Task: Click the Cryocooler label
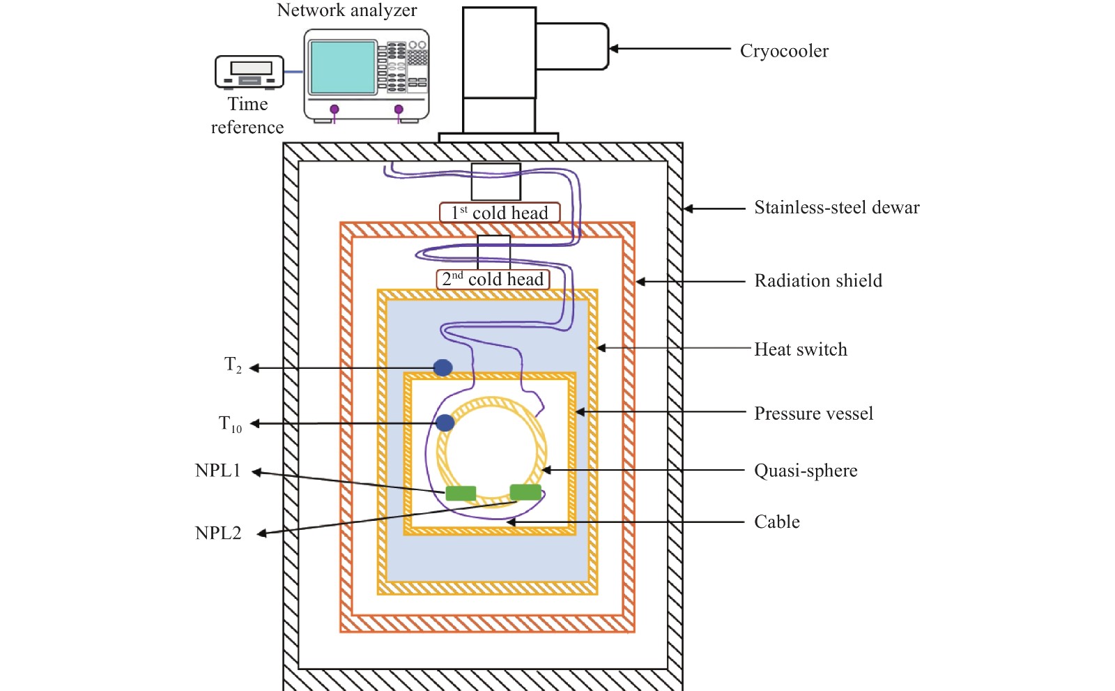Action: coord(784,51)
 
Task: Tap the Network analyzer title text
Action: coord(347,10)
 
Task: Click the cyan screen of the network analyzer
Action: coord(343,67)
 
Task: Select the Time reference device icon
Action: coord(249,72)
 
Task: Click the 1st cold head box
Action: coord(500,213)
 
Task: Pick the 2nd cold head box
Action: coord(493,280)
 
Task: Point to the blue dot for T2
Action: coord(443,367)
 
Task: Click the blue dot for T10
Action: coord(445,422)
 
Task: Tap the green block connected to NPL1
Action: coord(461,494)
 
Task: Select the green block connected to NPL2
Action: coord(525,492)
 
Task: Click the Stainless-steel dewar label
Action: coord(836,208)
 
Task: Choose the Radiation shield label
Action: coord(818,281)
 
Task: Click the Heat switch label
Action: coord(801,349)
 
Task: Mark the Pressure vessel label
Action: coord(813,413)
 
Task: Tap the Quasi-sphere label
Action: coord(806,471)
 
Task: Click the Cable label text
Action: coord(777,522)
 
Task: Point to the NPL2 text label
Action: coord(218,533)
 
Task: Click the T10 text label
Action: coord(230,424)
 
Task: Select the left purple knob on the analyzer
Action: coord(334,109)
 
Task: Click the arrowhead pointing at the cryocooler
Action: coord(614,49)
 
